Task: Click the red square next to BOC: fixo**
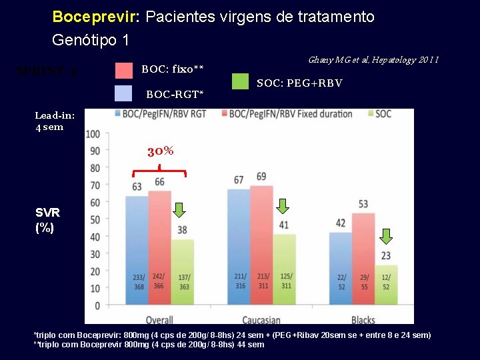(x=124, y=70)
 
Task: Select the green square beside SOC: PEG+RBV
(x=240, y=81)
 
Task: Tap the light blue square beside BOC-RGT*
(x=124, y=93)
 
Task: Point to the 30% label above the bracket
(x=160, y=151)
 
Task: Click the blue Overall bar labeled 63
(x=137, y=250)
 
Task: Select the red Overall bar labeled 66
(x=159, y=247)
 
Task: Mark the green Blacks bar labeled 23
(x=386, y=285)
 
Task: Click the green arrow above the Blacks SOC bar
(x=386, y=236)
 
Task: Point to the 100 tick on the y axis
(x=93, y=134)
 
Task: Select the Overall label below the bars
(x=159, y=319)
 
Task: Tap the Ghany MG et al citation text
(x=373, y=60)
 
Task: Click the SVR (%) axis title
(x=47, y=220)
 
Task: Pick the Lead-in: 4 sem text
(x=54, y=121)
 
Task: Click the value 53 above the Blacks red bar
(x=363, y=204)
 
